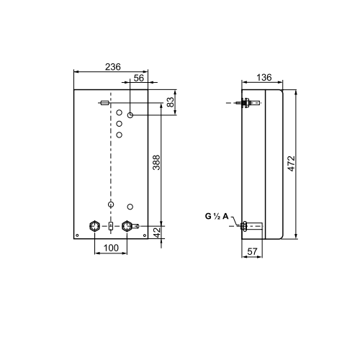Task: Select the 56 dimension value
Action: pos(139,78)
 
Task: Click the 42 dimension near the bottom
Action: pos(156,233)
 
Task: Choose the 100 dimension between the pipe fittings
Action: pos(110,248)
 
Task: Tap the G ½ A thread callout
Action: pos(216,215)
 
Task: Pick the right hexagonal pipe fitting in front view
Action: pos(128,225)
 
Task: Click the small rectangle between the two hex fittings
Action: pos(111,226)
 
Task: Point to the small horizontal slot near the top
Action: pos(105,104)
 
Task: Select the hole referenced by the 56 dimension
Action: pos(130,115)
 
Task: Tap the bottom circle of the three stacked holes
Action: pos(120,134)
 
